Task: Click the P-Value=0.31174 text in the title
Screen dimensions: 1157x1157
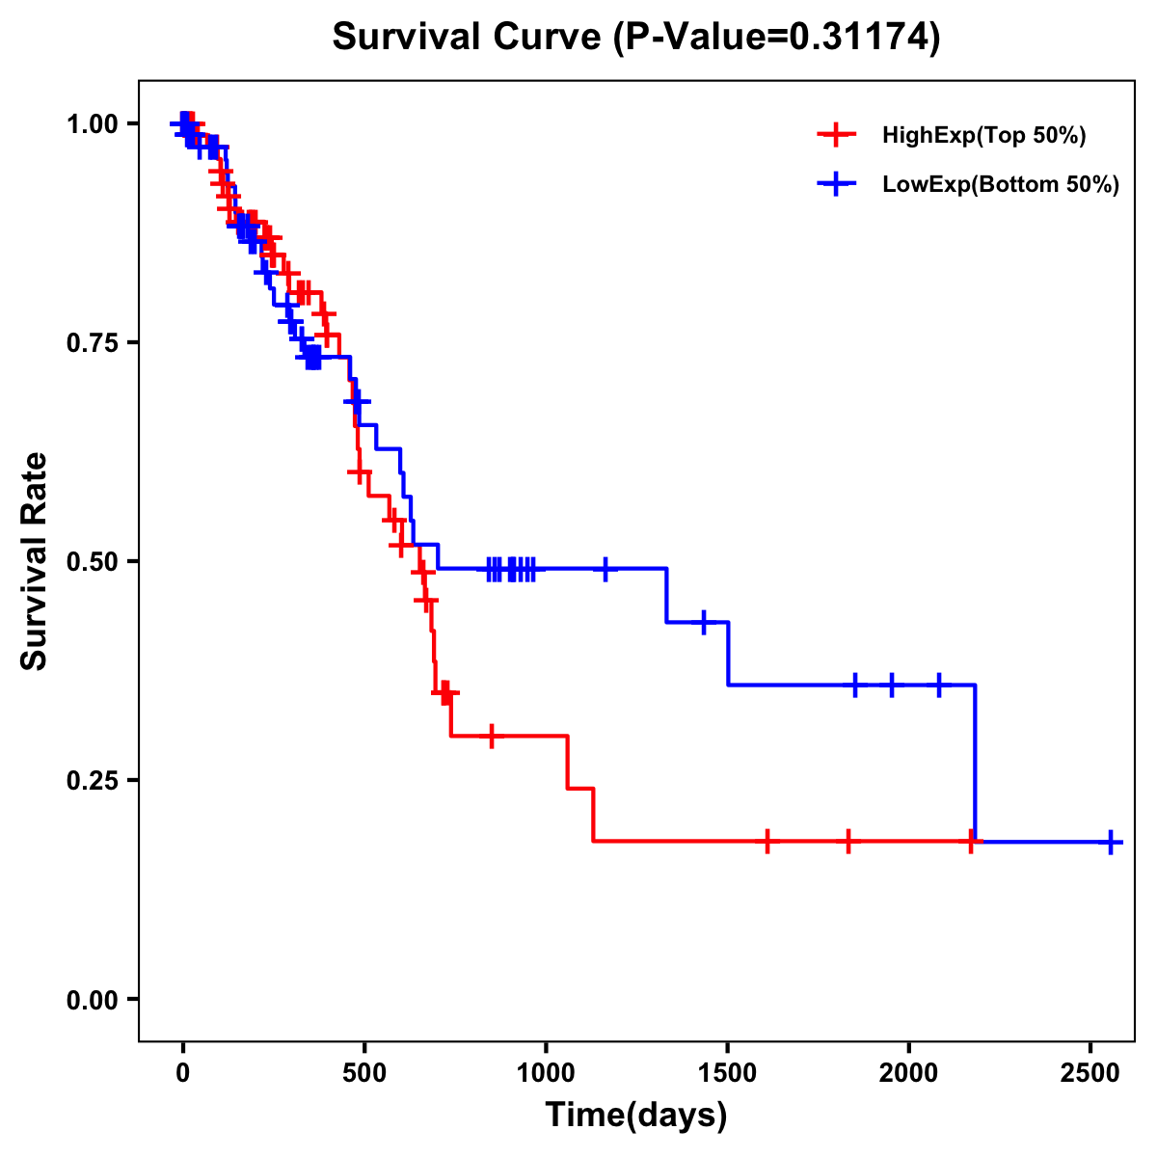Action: [x=778, y=38]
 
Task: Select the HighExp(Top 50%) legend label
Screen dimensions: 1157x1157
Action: [x=984, y=136]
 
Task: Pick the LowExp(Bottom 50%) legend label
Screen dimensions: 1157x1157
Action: [x=1001, y=185]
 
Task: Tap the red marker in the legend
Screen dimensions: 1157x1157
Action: [x=836, y=135]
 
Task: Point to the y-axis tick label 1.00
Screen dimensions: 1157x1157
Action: [x=93, y=124]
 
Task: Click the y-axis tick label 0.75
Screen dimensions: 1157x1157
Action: [x=93, y=343]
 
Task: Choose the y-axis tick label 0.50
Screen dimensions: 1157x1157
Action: [x=93, y=562]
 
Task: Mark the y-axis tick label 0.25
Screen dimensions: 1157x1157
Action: [x=93, y=781]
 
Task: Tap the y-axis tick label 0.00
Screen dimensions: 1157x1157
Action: [x=93, y=1000]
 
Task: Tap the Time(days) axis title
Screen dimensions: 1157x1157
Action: [x=636, y=1116]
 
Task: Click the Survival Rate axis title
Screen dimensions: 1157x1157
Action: [x=35, y=561]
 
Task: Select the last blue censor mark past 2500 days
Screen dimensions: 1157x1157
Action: [x=1111, y=843]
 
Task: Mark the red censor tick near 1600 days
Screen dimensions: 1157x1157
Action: [x=767, y=841]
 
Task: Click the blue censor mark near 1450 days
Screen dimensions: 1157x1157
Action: [x=704, y=623]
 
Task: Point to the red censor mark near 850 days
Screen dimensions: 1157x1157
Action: [x=492, y=737]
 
